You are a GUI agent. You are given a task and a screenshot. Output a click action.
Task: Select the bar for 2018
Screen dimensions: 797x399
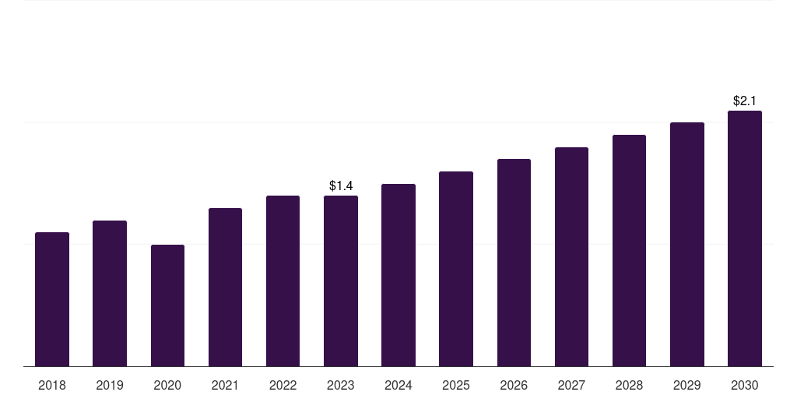coord(52,299)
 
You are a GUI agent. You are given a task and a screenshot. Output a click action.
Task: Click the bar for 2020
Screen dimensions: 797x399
coord(168,305)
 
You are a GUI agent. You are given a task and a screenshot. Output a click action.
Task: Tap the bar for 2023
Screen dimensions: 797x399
coord(341,281)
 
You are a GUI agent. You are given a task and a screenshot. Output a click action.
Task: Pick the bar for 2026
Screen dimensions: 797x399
coord(514,263)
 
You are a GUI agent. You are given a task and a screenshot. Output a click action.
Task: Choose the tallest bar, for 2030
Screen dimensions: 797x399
coord(745,238)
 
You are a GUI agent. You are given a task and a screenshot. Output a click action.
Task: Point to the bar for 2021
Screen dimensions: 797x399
coord(225,287)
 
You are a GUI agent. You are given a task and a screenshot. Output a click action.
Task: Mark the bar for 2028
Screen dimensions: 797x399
coord(629,250)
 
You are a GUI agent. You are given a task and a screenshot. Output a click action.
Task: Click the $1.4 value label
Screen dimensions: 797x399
coord(341,185)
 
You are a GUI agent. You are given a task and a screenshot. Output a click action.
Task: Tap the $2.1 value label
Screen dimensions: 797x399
coord(745,101)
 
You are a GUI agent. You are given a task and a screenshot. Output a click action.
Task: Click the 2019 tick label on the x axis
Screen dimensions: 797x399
coord(110,385)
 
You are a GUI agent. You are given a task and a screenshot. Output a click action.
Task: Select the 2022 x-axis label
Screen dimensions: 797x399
coord(283,385)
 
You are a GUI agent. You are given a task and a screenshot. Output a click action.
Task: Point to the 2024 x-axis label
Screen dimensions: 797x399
coord(398,385)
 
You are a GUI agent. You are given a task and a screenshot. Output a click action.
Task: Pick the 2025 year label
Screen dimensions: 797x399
coord(456,385)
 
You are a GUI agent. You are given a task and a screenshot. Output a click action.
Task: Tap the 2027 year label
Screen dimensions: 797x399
coord(571,385)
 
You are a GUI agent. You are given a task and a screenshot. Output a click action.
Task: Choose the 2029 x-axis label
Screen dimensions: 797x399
coord(686,385)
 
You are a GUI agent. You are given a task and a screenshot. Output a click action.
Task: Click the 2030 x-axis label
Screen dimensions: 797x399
coord(745,385)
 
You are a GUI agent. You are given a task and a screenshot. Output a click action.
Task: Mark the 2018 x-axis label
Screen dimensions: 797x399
coord(52,385)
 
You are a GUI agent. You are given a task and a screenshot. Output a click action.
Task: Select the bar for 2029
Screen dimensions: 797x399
coord(687,244)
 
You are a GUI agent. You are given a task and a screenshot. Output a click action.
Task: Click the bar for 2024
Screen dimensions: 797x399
coord(398,275)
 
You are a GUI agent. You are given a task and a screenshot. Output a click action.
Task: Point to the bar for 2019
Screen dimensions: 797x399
coord(110,293)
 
